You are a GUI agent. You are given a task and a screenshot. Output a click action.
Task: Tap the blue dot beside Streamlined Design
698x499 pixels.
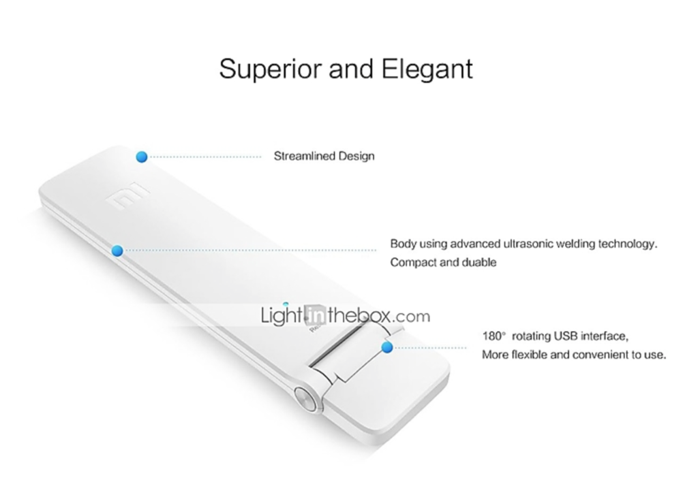(142, 157)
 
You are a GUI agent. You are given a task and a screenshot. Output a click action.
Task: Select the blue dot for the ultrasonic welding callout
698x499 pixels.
(117, 251)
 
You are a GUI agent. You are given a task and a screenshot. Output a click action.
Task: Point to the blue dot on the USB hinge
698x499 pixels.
(387, 347)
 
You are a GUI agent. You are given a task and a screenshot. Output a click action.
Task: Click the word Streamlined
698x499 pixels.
(305, 156)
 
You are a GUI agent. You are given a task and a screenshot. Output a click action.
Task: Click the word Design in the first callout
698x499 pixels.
(356, 157)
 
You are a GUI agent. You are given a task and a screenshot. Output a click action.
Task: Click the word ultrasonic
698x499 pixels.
(527, 244)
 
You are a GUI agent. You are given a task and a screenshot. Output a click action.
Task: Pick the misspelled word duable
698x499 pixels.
(479, 262)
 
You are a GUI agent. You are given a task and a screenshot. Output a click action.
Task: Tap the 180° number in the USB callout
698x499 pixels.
(494, 336)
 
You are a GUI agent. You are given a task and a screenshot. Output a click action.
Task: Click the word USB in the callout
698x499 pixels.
(564, 336)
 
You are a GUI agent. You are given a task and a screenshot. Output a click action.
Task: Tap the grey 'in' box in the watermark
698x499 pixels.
(317, 316)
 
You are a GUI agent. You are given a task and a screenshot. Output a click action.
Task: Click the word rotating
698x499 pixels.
(532, 337)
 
